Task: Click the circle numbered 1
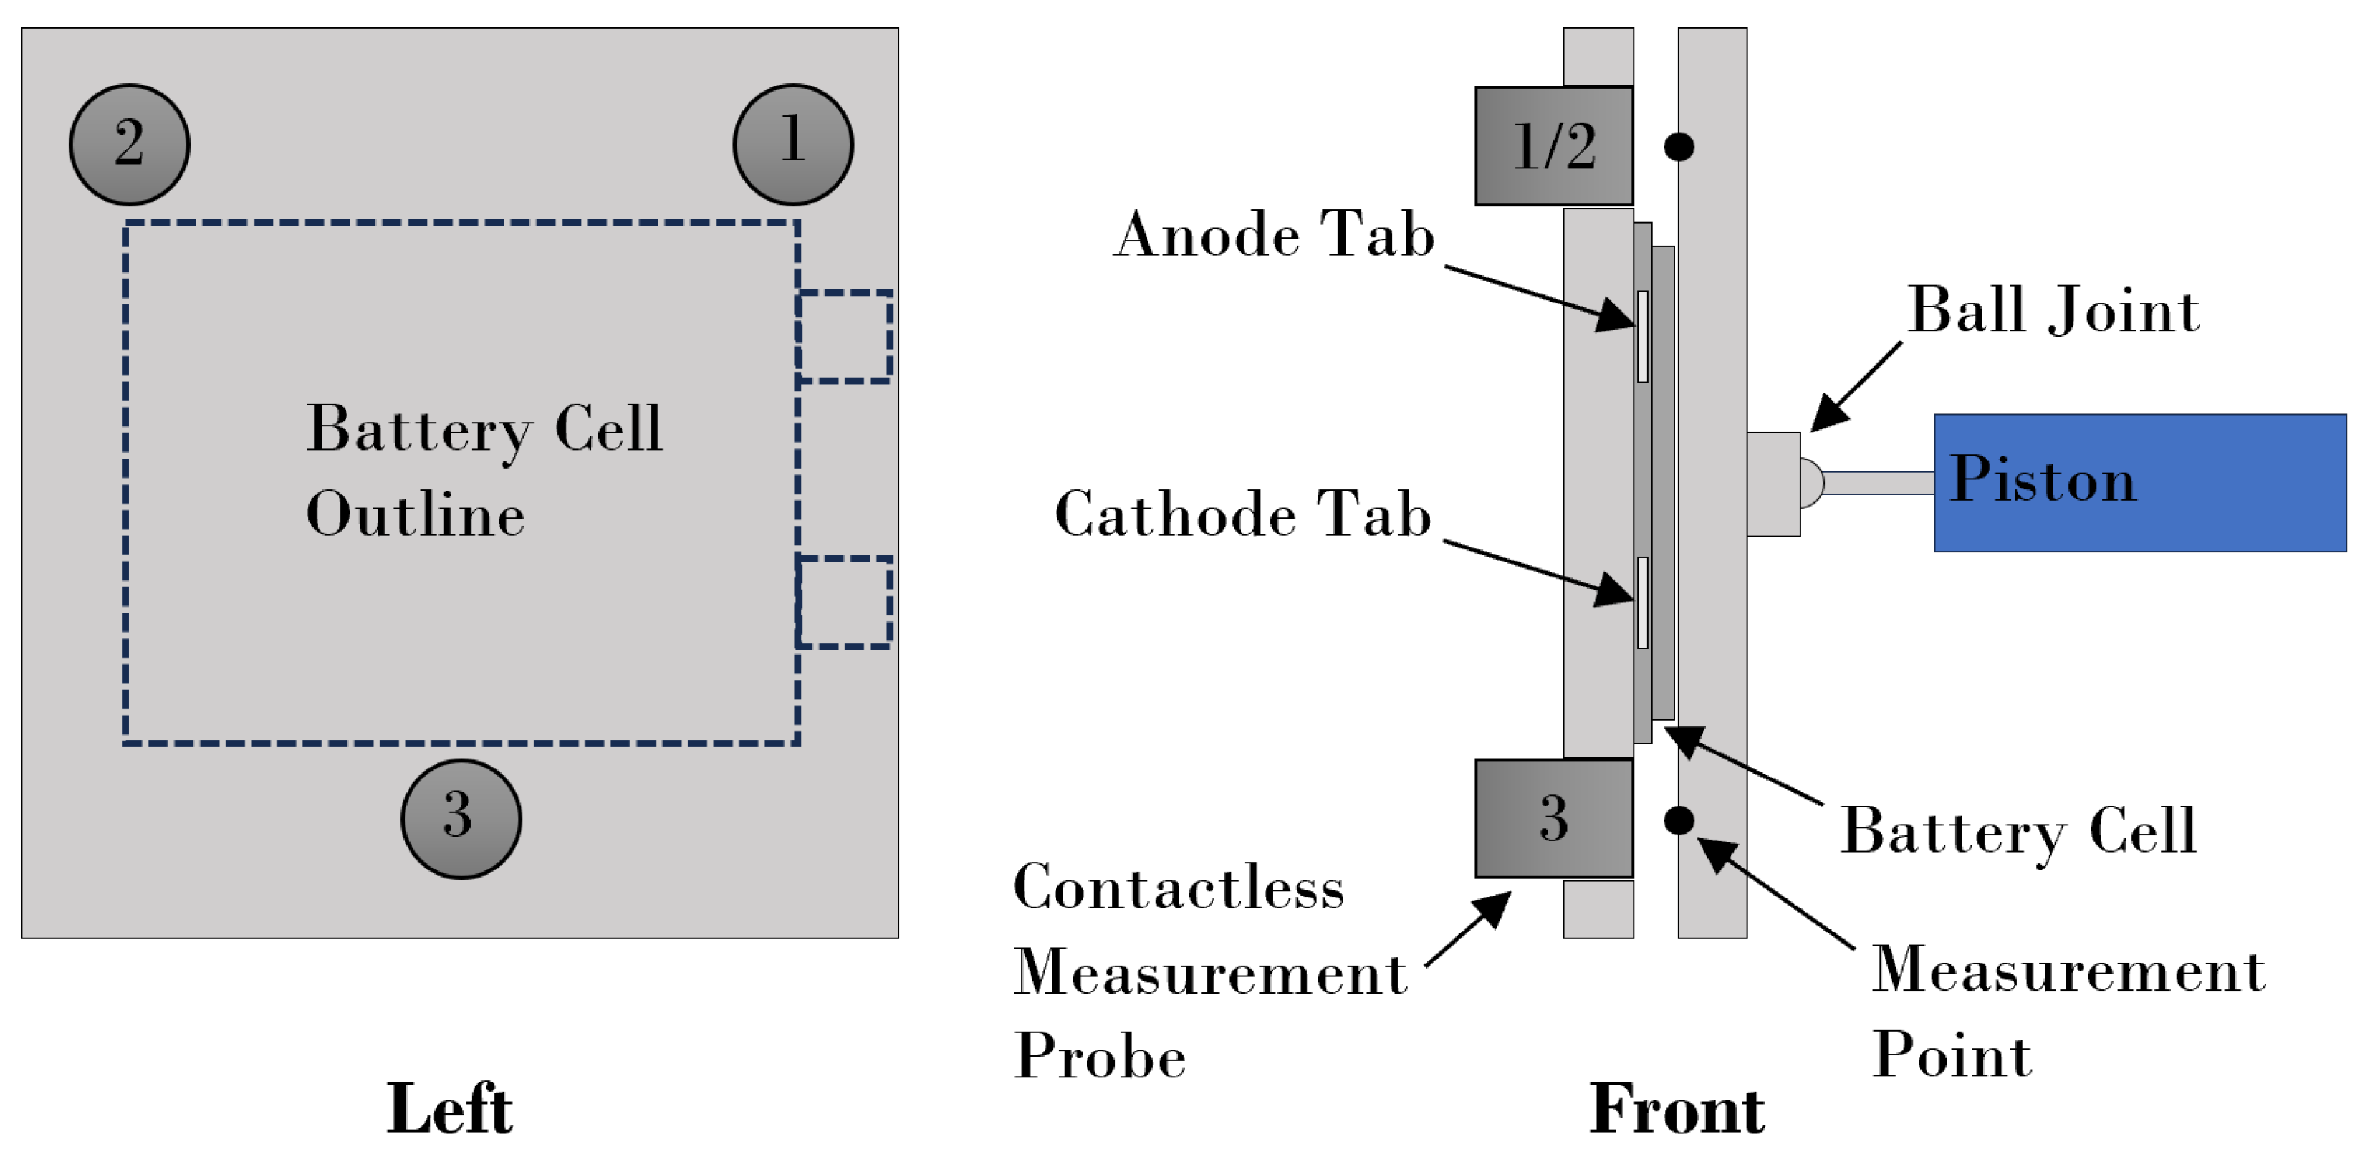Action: pos(792,144)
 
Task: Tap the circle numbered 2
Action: pos(129,144)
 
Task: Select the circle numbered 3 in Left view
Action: pos(461,818)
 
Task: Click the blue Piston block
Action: pos(2139,483)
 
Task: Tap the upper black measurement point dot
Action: pos(1679,147)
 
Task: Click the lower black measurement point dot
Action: pos(1679,820)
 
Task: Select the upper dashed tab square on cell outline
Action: pos(844,336)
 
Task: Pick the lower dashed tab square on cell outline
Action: pos(844,602)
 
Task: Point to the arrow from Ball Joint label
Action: pos(1855,385)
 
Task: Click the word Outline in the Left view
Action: pos(415,514)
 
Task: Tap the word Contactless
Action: pos(1178,888)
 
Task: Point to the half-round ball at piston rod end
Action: pos(1810,483)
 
